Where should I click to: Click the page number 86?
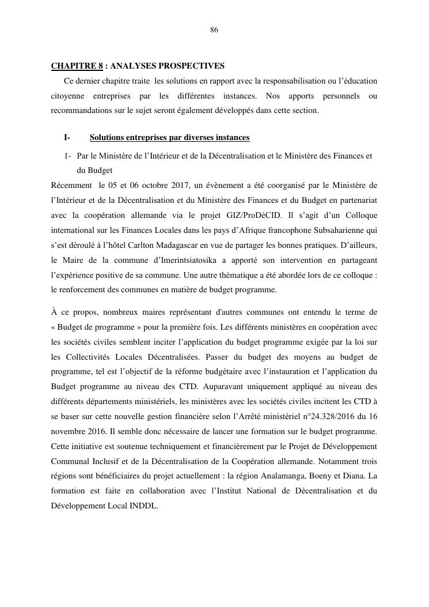pos(214,30)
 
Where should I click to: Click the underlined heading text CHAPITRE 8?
pos(77,66)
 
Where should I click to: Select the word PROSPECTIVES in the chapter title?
pos(194,66)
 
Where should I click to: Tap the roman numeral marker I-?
pos(67,138)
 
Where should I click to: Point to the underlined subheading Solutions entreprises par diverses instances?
pos(169,138)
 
